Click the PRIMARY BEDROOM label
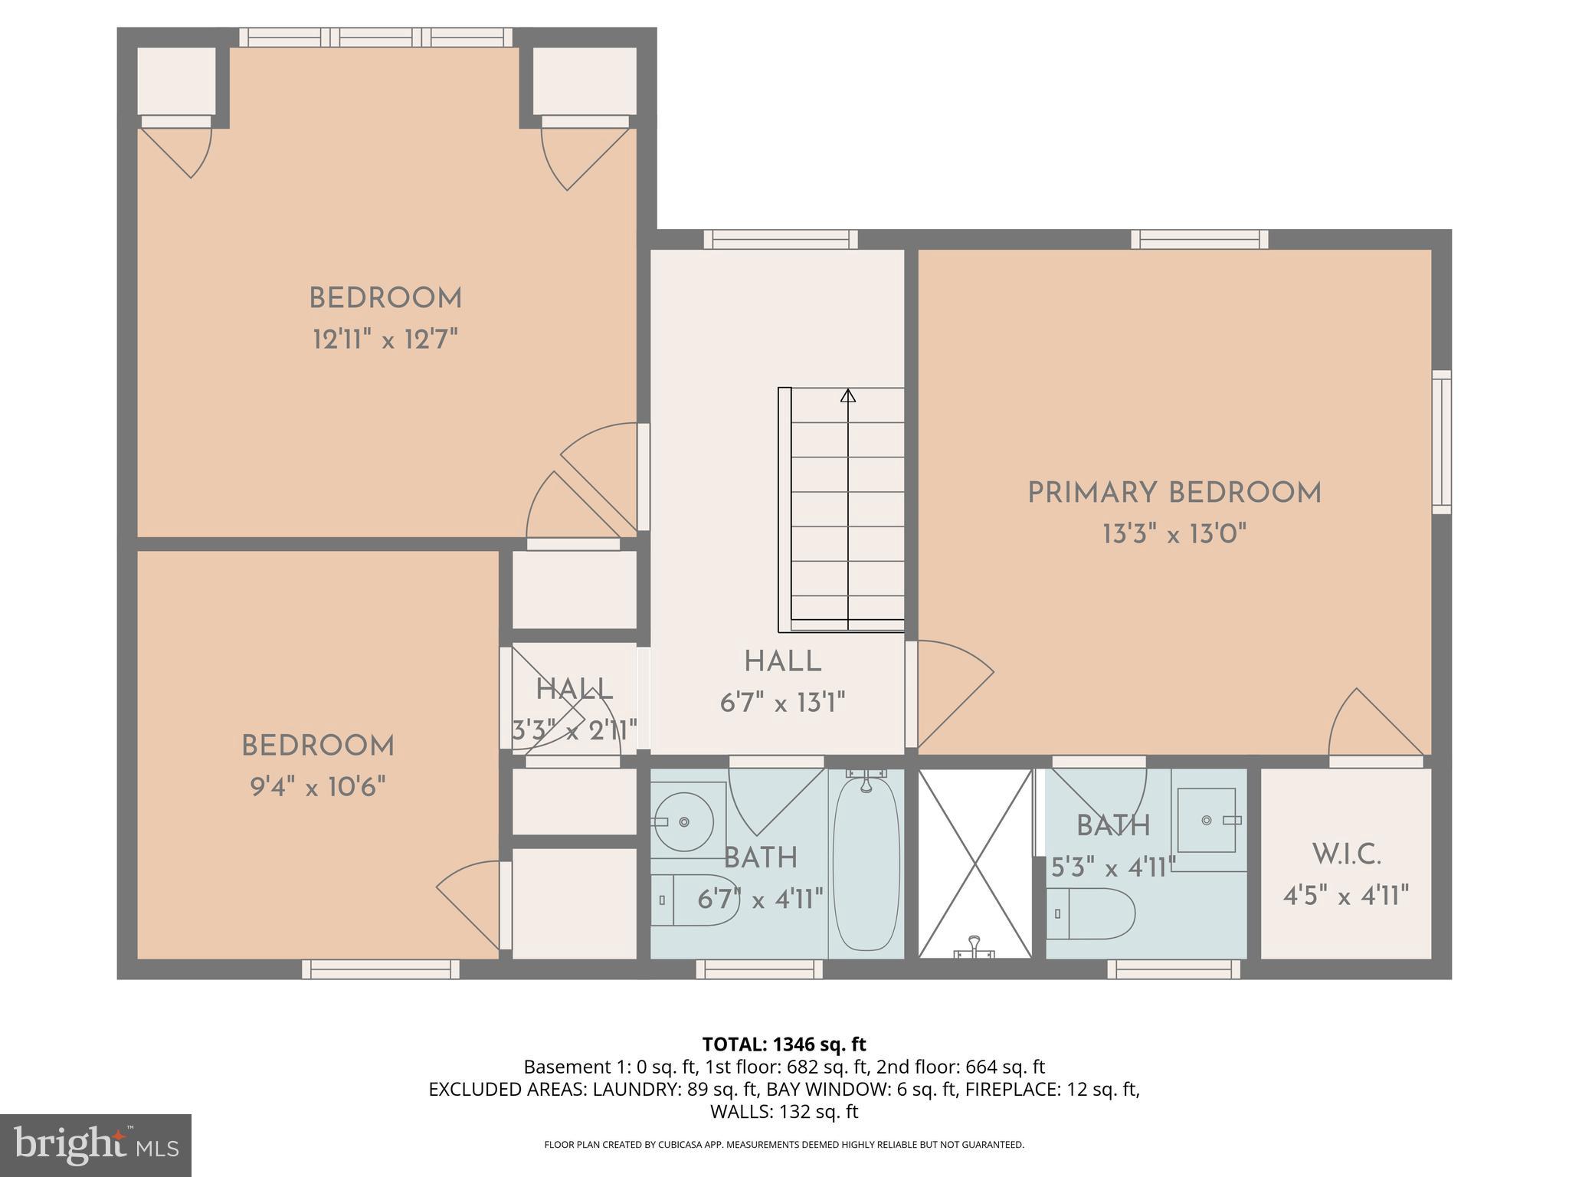point(1174,493)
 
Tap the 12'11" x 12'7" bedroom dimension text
point(385,339)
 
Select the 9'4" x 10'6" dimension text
point(317,786)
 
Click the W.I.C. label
point(1346,854)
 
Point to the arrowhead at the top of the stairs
point(847,396)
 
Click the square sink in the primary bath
point(1207,820)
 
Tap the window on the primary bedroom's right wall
point(1441,442)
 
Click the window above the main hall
point(781,240)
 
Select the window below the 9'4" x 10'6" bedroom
point(380,969)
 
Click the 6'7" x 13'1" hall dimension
point(782,702)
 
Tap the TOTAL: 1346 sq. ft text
point(784,1044)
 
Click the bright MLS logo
point(95,1145)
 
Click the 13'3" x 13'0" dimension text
point(1174,533)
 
